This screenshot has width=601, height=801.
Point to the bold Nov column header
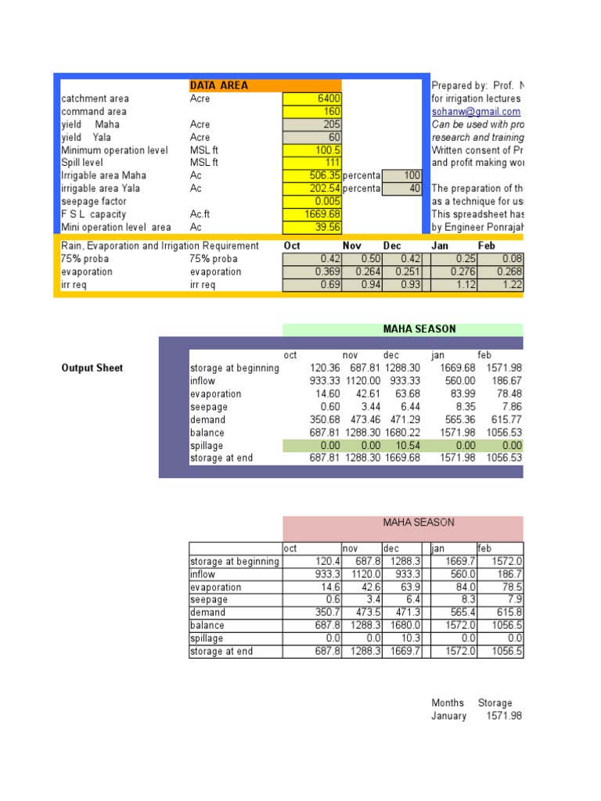pos(352,246)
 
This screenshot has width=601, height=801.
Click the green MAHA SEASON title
pos(419,329)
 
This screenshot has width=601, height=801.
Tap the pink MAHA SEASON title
pos(418,523)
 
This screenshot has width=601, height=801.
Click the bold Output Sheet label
pos(92,368)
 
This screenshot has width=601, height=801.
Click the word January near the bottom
pos(448,716)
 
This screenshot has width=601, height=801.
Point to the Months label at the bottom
pos(448,703)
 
